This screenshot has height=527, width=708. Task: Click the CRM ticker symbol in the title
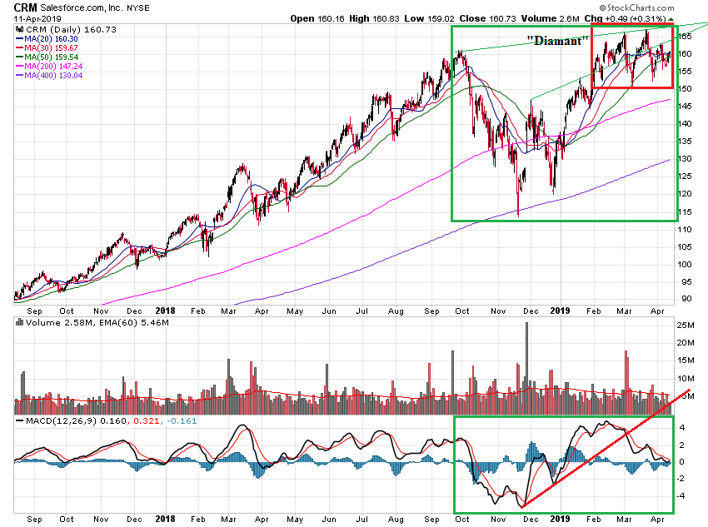point(13,7)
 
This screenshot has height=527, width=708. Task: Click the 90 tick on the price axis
point(686,299)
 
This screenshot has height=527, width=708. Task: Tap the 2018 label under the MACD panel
point(166,518)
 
